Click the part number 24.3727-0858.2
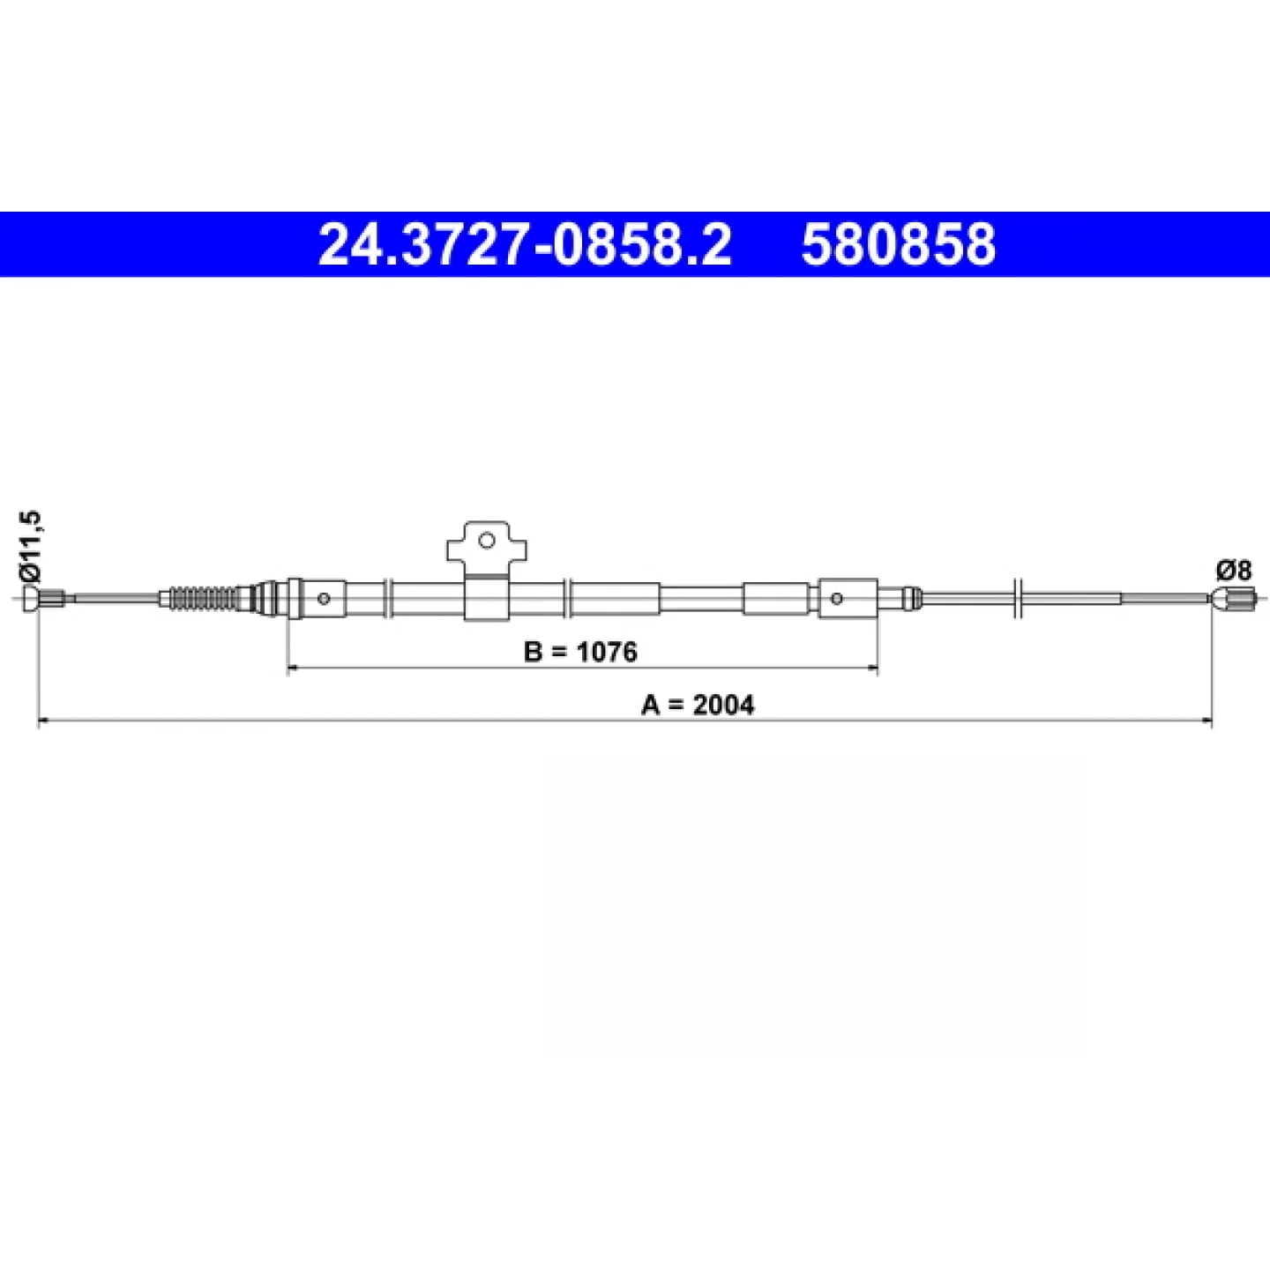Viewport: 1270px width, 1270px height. tap(525, 244)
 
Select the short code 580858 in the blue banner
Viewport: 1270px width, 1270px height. tap(899, 244)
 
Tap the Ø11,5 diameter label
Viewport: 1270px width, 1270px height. tap(32, 546)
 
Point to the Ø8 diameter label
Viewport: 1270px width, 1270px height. tap(1233, 571)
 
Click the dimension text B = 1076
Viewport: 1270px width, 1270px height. tap(580, 652)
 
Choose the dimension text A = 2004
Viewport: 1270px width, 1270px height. tap(698, 706)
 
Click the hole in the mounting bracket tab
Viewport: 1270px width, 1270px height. tap(486, 542)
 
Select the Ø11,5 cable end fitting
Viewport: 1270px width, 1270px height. tap(43, 599)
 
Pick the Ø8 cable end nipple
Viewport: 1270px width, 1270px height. tap(1233, 599)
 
